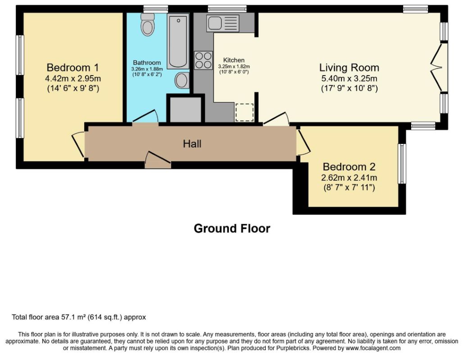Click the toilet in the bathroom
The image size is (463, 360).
click(x=148, y=24)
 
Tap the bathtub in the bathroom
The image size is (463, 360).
click(x=178, y=41)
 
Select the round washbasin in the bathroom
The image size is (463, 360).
click(x=182, y=80)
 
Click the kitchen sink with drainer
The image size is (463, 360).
click(x=222, y=23)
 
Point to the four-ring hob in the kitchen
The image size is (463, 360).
click(x=204, y=60)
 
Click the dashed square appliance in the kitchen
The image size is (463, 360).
click(x=245, y=112)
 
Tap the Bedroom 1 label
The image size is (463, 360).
click(x=73, y=67)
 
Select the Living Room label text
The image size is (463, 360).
click(x=350, y=67)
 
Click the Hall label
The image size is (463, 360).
click(x=192, y=144)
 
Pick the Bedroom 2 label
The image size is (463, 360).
click(x=349, y=166)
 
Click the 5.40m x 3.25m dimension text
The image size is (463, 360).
click(x=350, y=78)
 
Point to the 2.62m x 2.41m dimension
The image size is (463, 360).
click(x=349, y=178)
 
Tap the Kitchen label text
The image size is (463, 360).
click(x=234, y=60)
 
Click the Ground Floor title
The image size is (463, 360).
click(x=232, y=229)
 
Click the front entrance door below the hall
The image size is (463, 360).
click(x=158, y=160)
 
